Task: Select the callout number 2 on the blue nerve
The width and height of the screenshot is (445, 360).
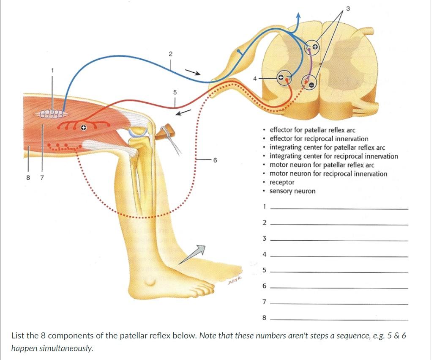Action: click(170, 54)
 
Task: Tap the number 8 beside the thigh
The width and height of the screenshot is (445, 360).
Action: click(29, 178)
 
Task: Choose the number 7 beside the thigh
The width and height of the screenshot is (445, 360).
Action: click(42, 178)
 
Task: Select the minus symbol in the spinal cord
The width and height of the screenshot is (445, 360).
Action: click(311, 84)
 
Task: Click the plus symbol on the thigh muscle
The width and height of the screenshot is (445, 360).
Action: click(84, 126)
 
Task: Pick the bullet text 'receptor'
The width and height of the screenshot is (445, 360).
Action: click(282, 182)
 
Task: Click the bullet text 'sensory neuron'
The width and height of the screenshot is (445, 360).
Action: click(292, 191)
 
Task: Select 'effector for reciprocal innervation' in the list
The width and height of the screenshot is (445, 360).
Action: click(319, 139)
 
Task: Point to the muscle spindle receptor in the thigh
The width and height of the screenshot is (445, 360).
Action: click(52, 114)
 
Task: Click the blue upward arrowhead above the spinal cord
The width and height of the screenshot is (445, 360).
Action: click(299, 16)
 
